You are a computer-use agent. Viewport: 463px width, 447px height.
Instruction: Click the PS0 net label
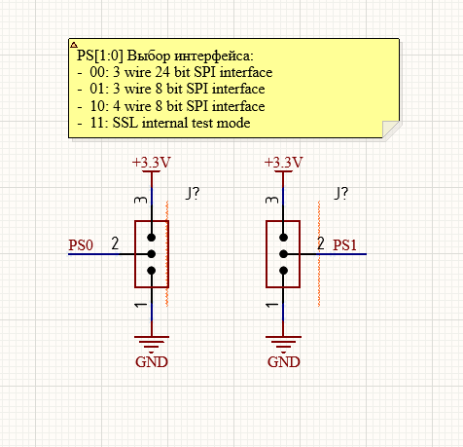click(81, 245)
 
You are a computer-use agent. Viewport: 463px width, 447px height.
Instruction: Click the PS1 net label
click(344, 245)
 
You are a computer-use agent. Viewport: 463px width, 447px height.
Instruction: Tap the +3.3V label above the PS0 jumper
click(152, 163)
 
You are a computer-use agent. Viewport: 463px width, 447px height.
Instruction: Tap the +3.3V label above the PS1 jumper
click(284, 163)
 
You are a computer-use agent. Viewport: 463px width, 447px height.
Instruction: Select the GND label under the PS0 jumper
click(152, 362)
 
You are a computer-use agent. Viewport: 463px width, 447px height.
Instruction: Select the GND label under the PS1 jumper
click(284, 362)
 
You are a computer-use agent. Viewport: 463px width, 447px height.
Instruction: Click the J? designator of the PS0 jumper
click(193, 194)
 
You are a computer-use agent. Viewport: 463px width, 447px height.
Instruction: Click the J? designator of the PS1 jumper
click(340, 194)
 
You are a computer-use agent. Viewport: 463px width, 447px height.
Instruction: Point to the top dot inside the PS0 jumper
click(152, 238)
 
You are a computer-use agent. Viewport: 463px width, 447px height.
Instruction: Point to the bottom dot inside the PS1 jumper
click(283, 271)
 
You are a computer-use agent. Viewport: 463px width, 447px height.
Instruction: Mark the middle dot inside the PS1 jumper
click(283, 254)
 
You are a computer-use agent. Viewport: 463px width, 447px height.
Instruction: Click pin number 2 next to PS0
click(115, 243)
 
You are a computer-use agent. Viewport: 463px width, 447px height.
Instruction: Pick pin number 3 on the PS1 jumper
click(271, 200)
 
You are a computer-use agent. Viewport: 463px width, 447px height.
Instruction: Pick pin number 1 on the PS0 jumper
click(141, 305)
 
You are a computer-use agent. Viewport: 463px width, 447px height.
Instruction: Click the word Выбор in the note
click(149, 56)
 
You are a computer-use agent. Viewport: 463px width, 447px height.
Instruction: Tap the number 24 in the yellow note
click(162, 72)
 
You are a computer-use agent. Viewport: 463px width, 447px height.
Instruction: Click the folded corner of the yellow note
click(390, 130)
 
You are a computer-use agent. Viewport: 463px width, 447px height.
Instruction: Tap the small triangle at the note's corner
click(74, 45)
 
